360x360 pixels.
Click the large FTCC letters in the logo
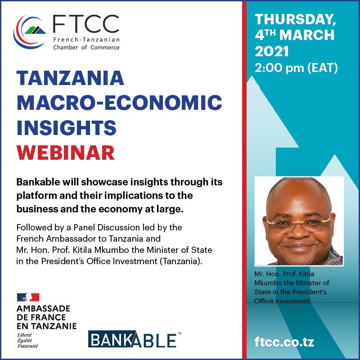[x=86, y=24]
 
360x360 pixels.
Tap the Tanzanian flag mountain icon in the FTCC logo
[x=35, y=30]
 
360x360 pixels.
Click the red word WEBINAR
[x=66, y=153]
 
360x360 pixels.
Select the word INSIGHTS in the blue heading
[x=67, y=128]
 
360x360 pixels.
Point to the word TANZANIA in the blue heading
[x=70, y=78]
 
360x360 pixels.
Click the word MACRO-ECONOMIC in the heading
[x=119, y=103]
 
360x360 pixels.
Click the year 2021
[x=272, y=51]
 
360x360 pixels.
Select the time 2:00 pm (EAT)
[x=296, y=68]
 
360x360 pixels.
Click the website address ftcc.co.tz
[x=284, y=342]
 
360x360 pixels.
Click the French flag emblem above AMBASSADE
[x=28, y=297]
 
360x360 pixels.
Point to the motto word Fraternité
[x=27, y=346]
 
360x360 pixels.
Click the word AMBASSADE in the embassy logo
[x=43, y=309]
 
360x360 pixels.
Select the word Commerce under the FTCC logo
[x=105, y=48]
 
